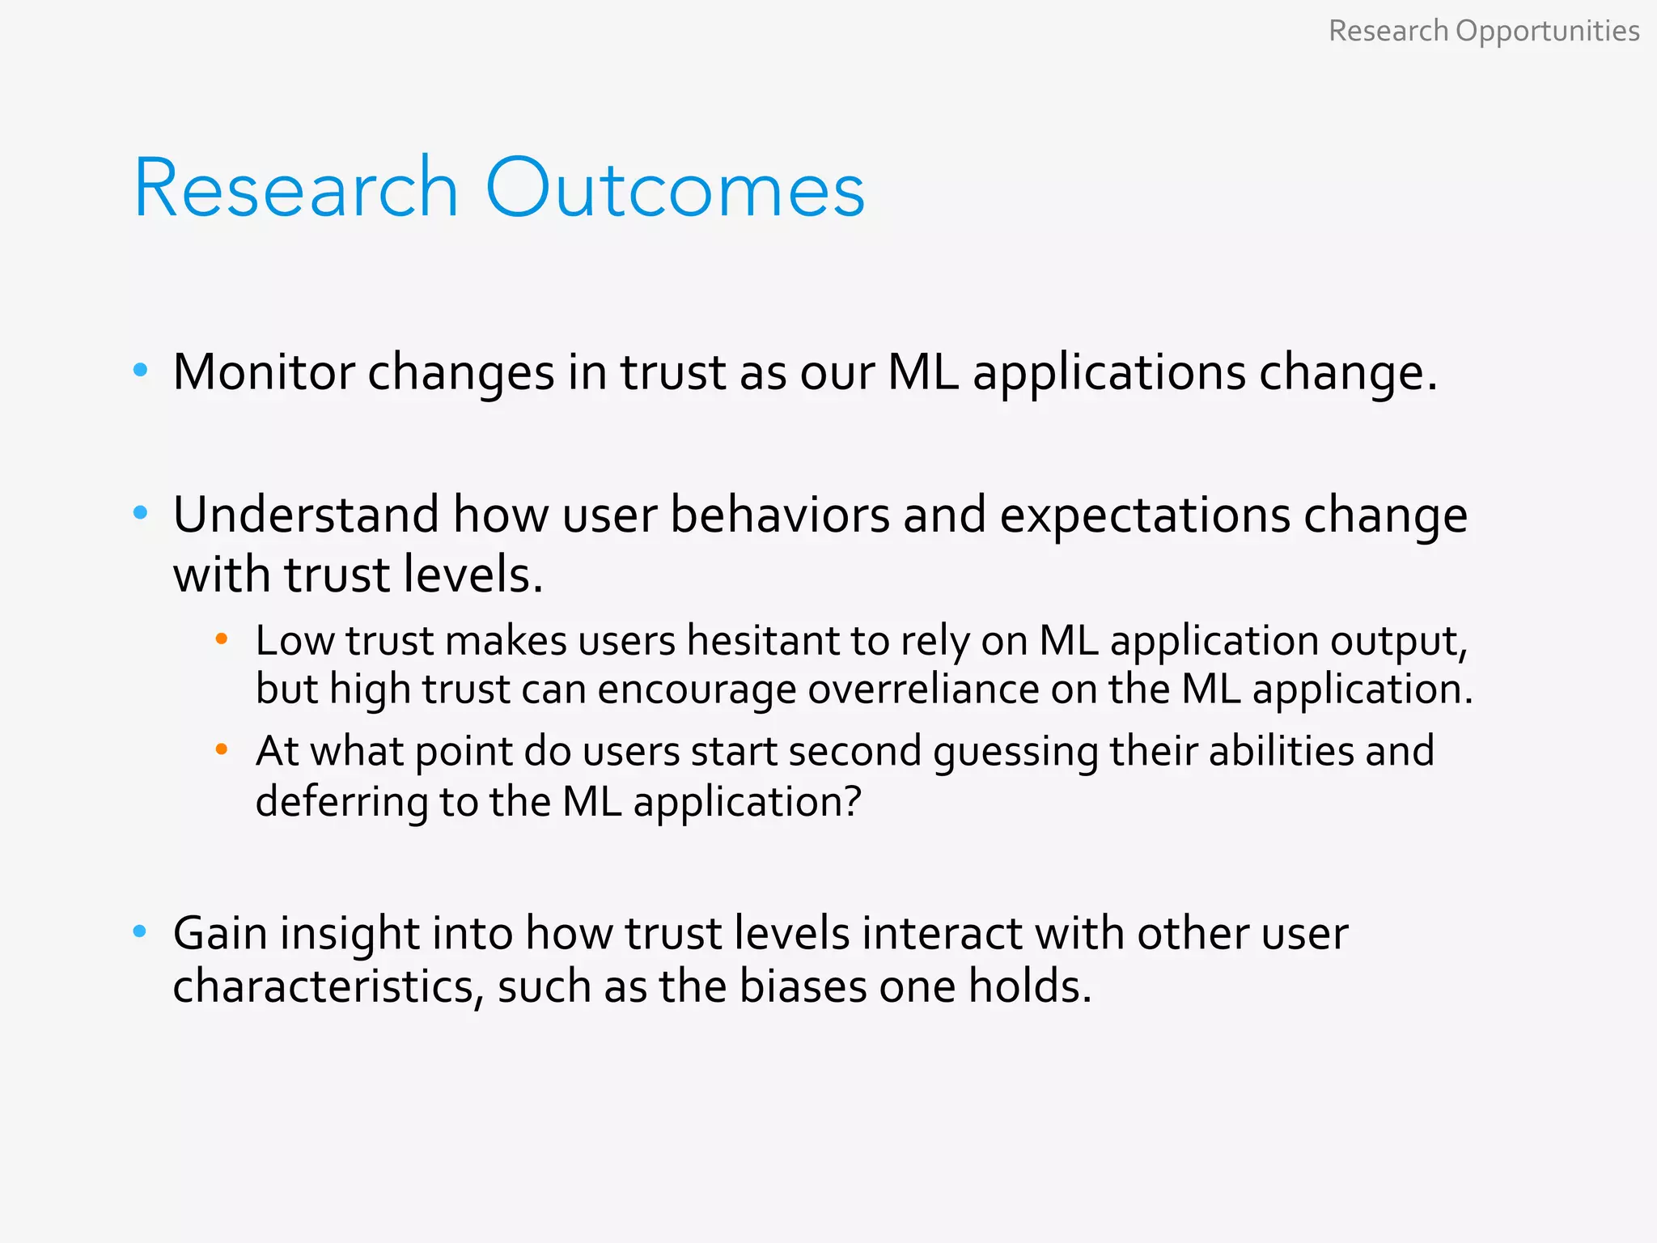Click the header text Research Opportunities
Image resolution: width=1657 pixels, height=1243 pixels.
pos(1483,31)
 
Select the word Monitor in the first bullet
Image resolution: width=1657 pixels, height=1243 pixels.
pos(264,372)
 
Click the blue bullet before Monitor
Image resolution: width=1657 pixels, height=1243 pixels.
pos(140,371)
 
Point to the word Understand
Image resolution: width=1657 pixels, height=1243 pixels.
pos(306,515)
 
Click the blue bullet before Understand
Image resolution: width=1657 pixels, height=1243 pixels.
pos(140,512)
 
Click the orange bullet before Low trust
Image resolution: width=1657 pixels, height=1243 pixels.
pos(222,639)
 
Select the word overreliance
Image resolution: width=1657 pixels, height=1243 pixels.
pos(922,689)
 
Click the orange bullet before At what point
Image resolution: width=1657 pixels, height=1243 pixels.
pos(222,750)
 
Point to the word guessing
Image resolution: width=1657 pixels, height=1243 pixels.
pos(1015,753)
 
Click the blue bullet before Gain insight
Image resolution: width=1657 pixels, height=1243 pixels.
pos(140,931)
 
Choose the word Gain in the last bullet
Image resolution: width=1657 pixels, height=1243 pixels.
pos(220,933)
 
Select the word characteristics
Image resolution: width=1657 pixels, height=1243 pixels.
pos(327,986)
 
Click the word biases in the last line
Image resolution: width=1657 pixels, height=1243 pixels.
pos(803,986)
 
